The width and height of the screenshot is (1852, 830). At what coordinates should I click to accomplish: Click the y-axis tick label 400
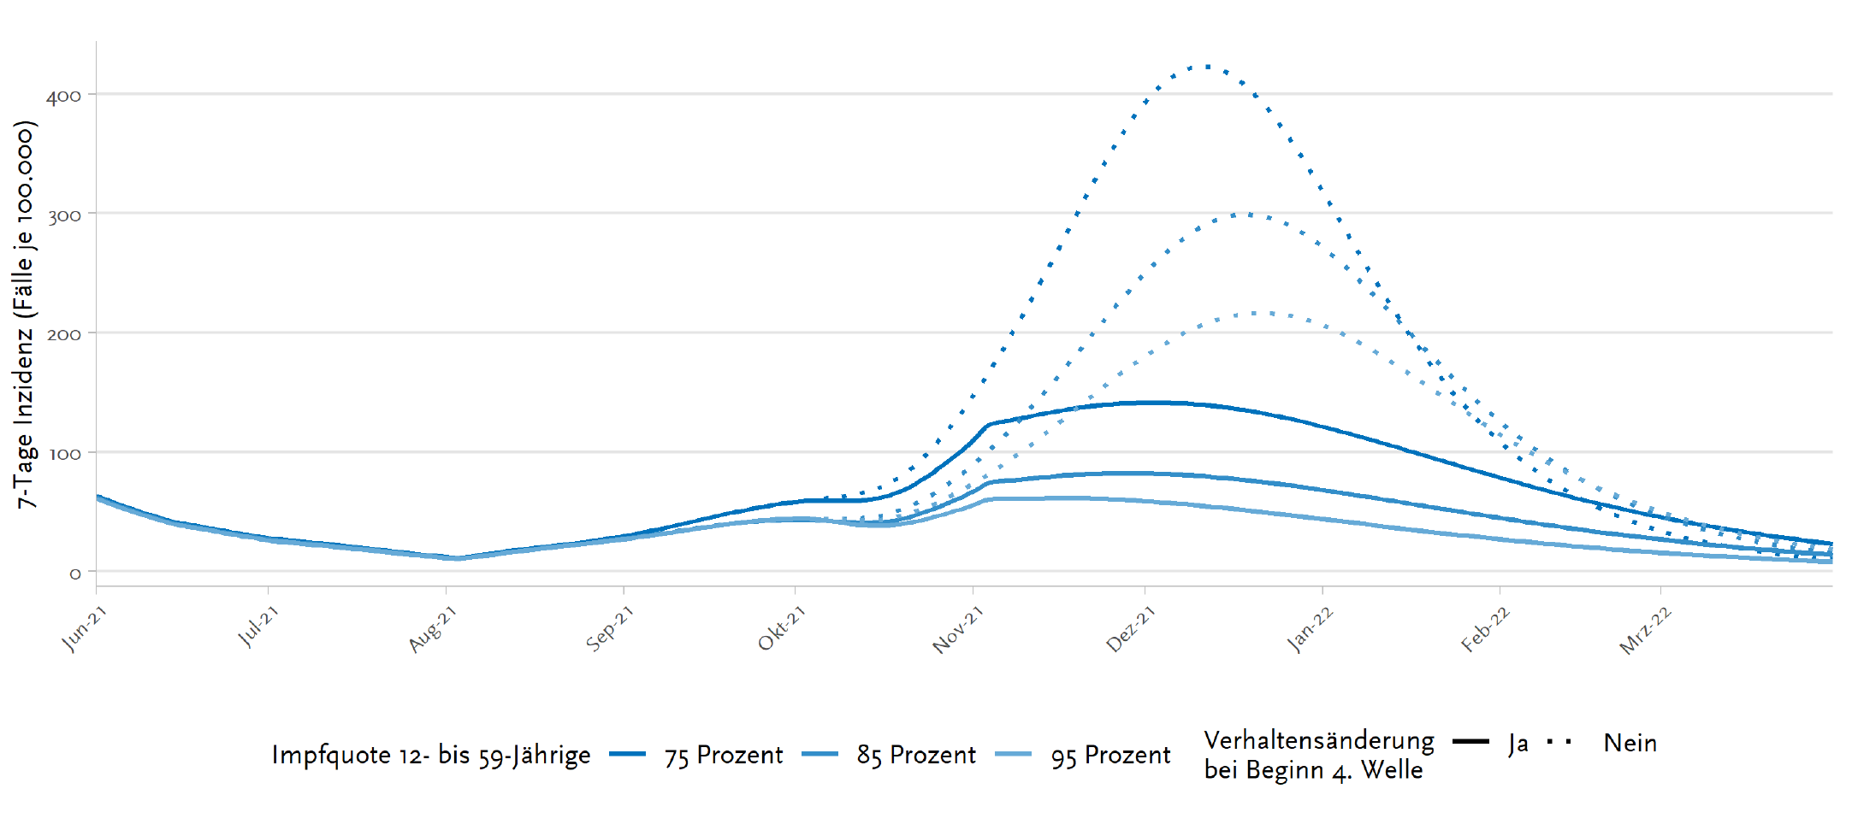click(x=63, y=96)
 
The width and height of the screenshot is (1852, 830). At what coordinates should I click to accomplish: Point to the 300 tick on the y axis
click(x=63, y=215)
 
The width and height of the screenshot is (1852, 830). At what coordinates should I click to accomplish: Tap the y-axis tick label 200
click(x=63, y=334)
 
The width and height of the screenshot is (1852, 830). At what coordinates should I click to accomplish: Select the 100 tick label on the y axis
click(x=63, y=454)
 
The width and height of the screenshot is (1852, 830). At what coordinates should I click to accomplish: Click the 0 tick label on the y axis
click(x=75, y=574)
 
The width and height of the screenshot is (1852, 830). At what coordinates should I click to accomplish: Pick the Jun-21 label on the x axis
click(x=84, y=628)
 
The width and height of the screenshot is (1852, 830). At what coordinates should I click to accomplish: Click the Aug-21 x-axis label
click(x=432, y=629)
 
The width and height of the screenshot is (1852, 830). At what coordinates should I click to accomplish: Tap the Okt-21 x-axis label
click(x=781, y=628)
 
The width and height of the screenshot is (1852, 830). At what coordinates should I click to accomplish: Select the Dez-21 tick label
click(x=1130, y=629)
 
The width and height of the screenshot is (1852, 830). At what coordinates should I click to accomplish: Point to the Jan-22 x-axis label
click(x=1309, y=629)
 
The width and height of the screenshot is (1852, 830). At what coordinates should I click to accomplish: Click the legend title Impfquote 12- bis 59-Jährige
click(x=431, y=755)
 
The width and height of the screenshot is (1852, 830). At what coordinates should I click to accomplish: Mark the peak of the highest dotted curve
click(x=1205, y=66)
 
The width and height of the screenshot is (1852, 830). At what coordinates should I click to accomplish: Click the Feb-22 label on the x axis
click(x=1485, y=629)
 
